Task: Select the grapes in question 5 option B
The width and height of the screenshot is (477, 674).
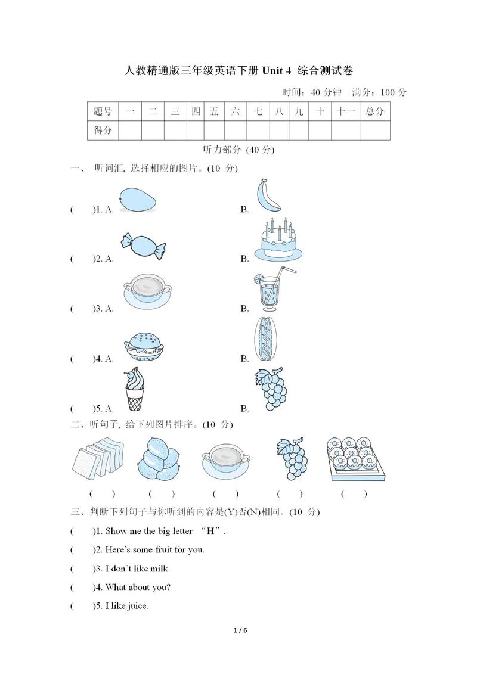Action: click(x=271, y=389)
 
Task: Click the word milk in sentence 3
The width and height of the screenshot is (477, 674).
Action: click(x=159, y=569)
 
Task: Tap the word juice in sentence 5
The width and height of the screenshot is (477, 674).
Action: click(x=137, y=606)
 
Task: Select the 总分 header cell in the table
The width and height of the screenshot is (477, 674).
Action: click(x=374, y=111)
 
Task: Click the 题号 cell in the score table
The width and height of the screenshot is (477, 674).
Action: click(x=103, y=111)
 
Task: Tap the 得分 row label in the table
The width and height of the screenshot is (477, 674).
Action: click(x=103, y=130)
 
